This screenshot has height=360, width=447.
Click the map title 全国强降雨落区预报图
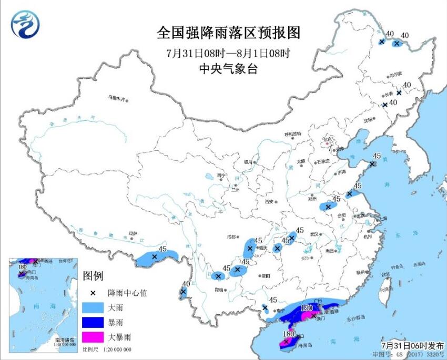(228, 33)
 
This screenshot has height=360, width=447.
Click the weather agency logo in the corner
(25, 24)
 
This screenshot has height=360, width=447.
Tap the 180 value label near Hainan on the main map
(288, 334)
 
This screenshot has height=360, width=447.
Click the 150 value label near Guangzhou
(307, 307)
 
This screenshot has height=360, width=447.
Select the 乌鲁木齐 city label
(118, 98)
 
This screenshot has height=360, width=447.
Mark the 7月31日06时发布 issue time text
(412, 345)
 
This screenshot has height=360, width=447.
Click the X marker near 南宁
(265, 307)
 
